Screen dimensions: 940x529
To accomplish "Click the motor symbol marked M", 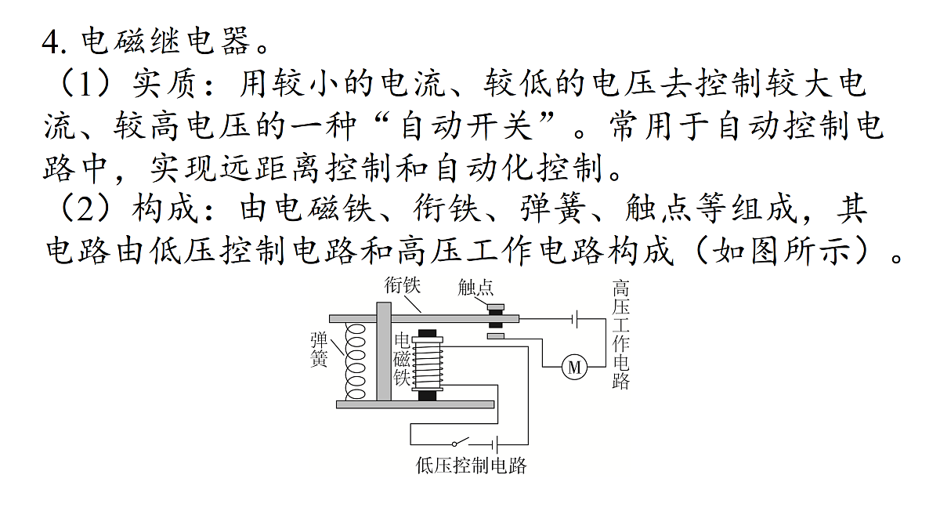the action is (x=574, y=367).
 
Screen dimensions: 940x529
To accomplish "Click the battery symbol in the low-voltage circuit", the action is (x=496, y=444).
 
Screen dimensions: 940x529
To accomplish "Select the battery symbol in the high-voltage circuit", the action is (x=575, y=319).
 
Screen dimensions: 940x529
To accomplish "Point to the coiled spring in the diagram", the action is (x=355, y=361).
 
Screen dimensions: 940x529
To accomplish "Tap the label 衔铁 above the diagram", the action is (x=402, y=285).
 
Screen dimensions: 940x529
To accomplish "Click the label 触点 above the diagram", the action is (x=475, y=288).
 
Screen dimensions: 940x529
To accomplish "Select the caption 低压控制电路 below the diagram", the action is (x=471, y=466).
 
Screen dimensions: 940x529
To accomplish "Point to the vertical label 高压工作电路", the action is (x=620, y=335).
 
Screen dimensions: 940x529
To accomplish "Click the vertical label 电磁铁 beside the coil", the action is (x=402, y=360).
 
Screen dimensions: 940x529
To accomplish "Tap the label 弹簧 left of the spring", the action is (x=319, y=350).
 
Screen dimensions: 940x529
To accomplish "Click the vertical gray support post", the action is (x=384, y=351).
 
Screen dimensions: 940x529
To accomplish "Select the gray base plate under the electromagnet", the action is (x=415, y=404).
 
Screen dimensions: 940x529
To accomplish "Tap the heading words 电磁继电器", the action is (x=165, y=41).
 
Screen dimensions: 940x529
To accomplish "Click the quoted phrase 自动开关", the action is (x=466, y=126).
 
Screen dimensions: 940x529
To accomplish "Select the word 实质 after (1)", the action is (x=164, y=83).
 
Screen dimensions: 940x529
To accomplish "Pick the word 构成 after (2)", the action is (x=164, y=208).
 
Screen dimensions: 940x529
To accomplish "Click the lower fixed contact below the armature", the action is (x=496, y=336).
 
